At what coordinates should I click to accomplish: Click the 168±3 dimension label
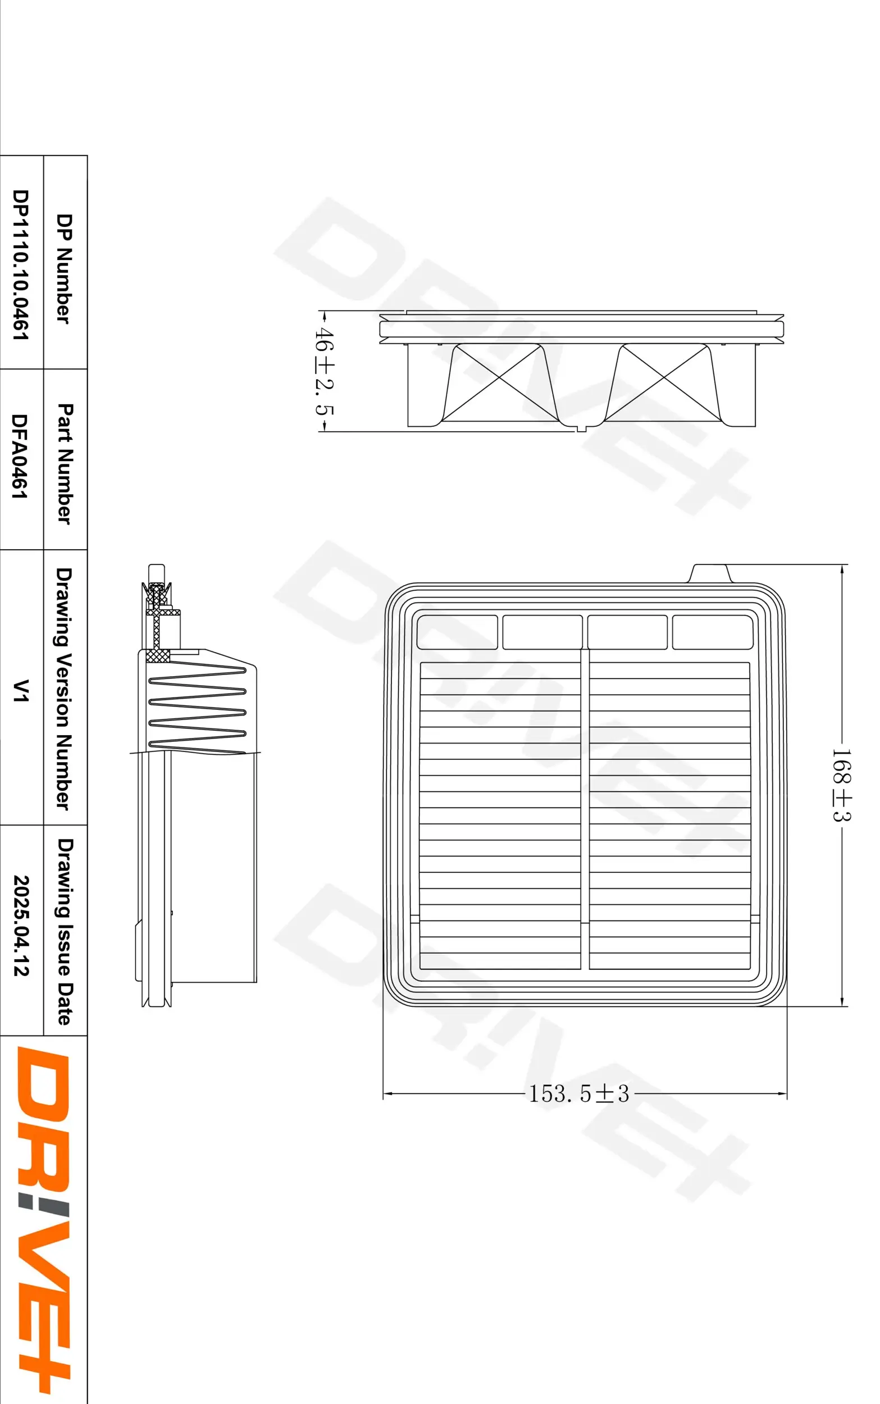click(842, 785)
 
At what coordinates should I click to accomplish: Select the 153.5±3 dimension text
click(578, 1094)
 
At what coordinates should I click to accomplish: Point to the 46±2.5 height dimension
click(324, 371)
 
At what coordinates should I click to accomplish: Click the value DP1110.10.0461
click(20, 264)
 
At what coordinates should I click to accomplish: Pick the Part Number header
click(65, 463)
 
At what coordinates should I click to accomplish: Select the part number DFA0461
click(20, 456)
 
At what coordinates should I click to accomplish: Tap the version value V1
click(21, 690)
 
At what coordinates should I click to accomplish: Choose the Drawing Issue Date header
click(65, 931)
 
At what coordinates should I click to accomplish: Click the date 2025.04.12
click(21, 926)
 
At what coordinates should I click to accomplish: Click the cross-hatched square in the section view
click(158, 655)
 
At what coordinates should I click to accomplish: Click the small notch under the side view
click(581, 430)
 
